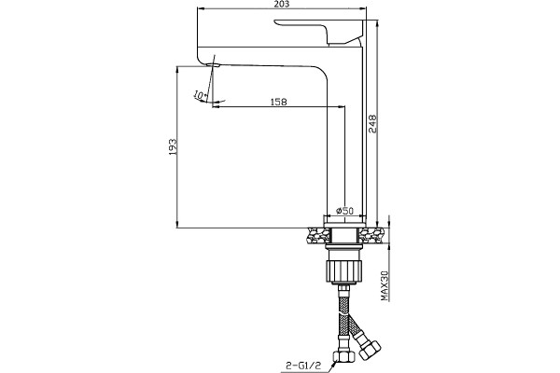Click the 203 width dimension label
pos(282,4)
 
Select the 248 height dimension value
pos(372,124)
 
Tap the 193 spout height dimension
pos(173,146)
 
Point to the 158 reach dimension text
pos(278,102)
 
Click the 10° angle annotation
pos(200,95)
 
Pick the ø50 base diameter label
pos(344,211)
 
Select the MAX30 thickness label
pos(385,285)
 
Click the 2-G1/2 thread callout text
pos(303,366)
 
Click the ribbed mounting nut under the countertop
pos(344,271)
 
